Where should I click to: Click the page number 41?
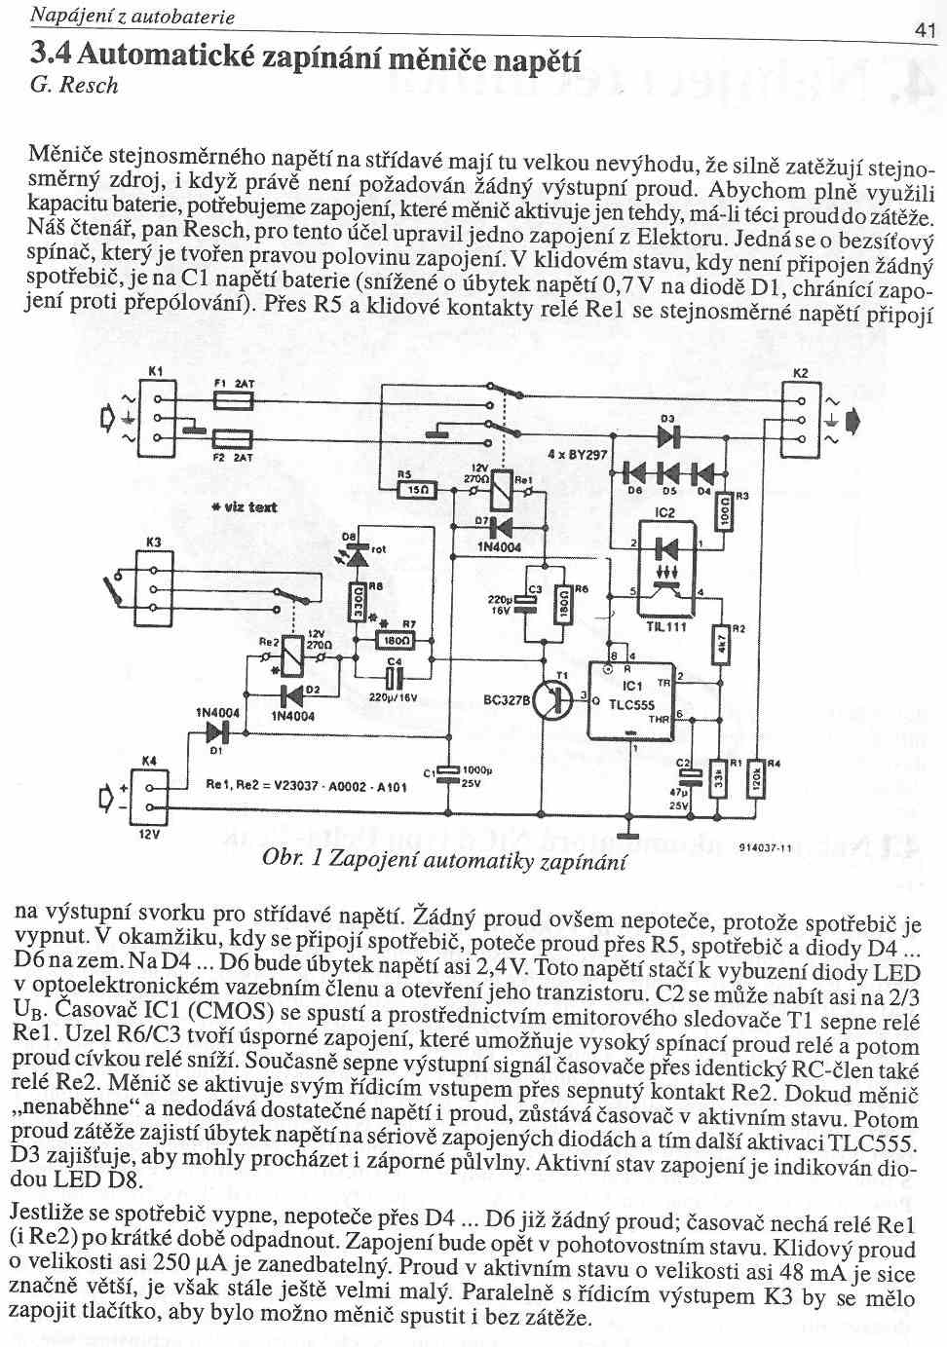pyautogui.click(x=925, y=29)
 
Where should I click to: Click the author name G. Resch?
pyautogui.click(x=75, y=86)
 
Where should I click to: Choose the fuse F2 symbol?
pyautogui.click(x=232, y=438)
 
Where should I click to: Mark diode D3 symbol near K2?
pyautogui.click(x=668, y=435)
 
